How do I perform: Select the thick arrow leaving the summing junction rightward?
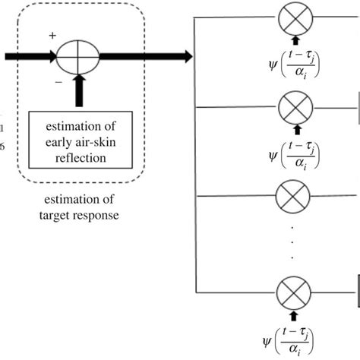point(144,55)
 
